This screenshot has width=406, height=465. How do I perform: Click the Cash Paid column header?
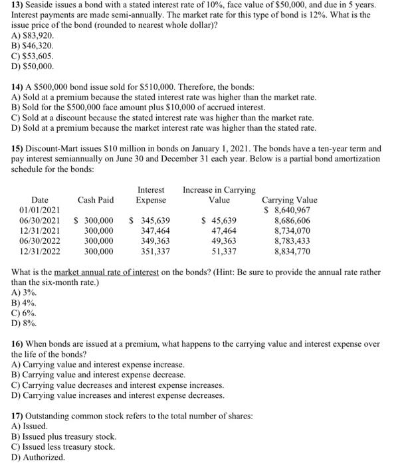click(x=96, y=199)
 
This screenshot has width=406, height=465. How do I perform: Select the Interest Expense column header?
click(x=151, y=195)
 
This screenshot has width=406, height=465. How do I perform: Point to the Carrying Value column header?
click(x=290, y=199)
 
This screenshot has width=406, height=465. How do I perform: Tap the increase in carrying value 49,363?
click(x=224, y=241)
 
